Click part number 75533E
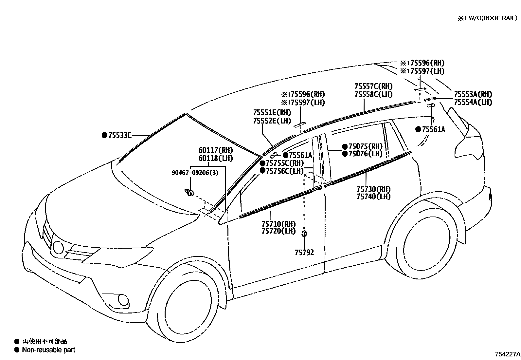pyautogui.click(x=120, y=135)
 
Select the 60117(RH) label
pyautogui.click(x=216, y=150)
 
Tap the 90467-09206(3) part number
pyautogui.click(x=195, y=172)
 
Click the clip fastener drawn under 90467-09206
pyautogui.click(x=189, y=193)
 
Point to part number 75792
pyautogui.click(x=304, y=252)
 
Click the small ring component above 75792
pyautogui.click(x=304, y=234)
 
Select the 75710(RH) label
pyautogui.click(x=278, y=224)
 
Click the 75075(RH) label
pyautogui.click(x=365, y=146)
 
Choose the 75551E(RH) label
pyautogui.click(x=272, y=113)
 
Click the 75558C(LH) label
pyautogui.click(x=373, y=94)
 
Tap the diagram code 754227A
pyautogui.click(x=507, y=354)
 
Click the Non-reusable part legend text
pyautogui.click(x=48, y=350)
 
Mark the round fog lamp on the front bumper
pyautogui.click(x=124, y=299)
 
